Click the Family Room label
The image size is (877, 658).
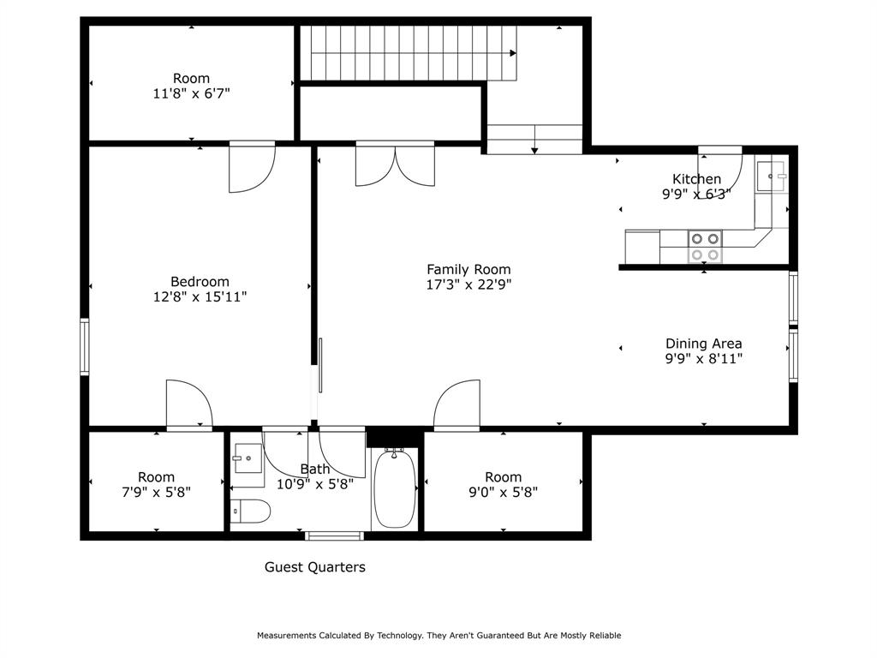(468, 269)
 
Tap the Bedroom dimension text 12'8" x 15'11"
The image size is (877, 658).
(200, 297)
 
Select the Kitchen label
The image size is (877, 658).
(696, 179)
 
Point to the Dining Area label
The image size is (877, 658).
(703, 344)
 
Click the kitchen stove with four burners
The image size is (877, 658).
(705, 247)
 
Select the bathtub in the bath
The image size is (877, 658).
(394, 489)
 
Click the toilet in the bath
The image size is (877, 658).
(250, 511)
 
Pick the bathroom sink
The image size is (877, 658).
(248, 454)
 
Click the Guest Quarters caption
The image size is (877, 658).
(314, 567)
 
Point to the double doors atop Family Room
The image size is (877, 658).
(395, 164)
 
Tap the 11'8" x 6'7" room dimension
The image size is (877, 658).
(191, 94)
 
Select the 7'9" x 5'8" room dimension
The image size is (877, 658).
(156, 493)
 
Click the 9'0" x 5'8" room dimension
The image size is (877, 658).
(503, 493)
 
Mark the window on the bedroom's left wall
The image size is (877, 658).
(85, 346)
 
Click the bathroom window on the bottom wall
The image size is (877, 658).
(335, 536)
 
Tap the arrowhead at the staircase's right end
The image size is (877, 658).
(513, 53)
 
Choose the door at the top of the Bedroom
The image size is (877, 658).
(251, 165)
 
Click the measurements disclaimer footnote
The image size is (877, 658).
(438, 636)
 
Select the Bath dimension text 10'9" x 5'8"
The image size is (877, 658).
(315, 483)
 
